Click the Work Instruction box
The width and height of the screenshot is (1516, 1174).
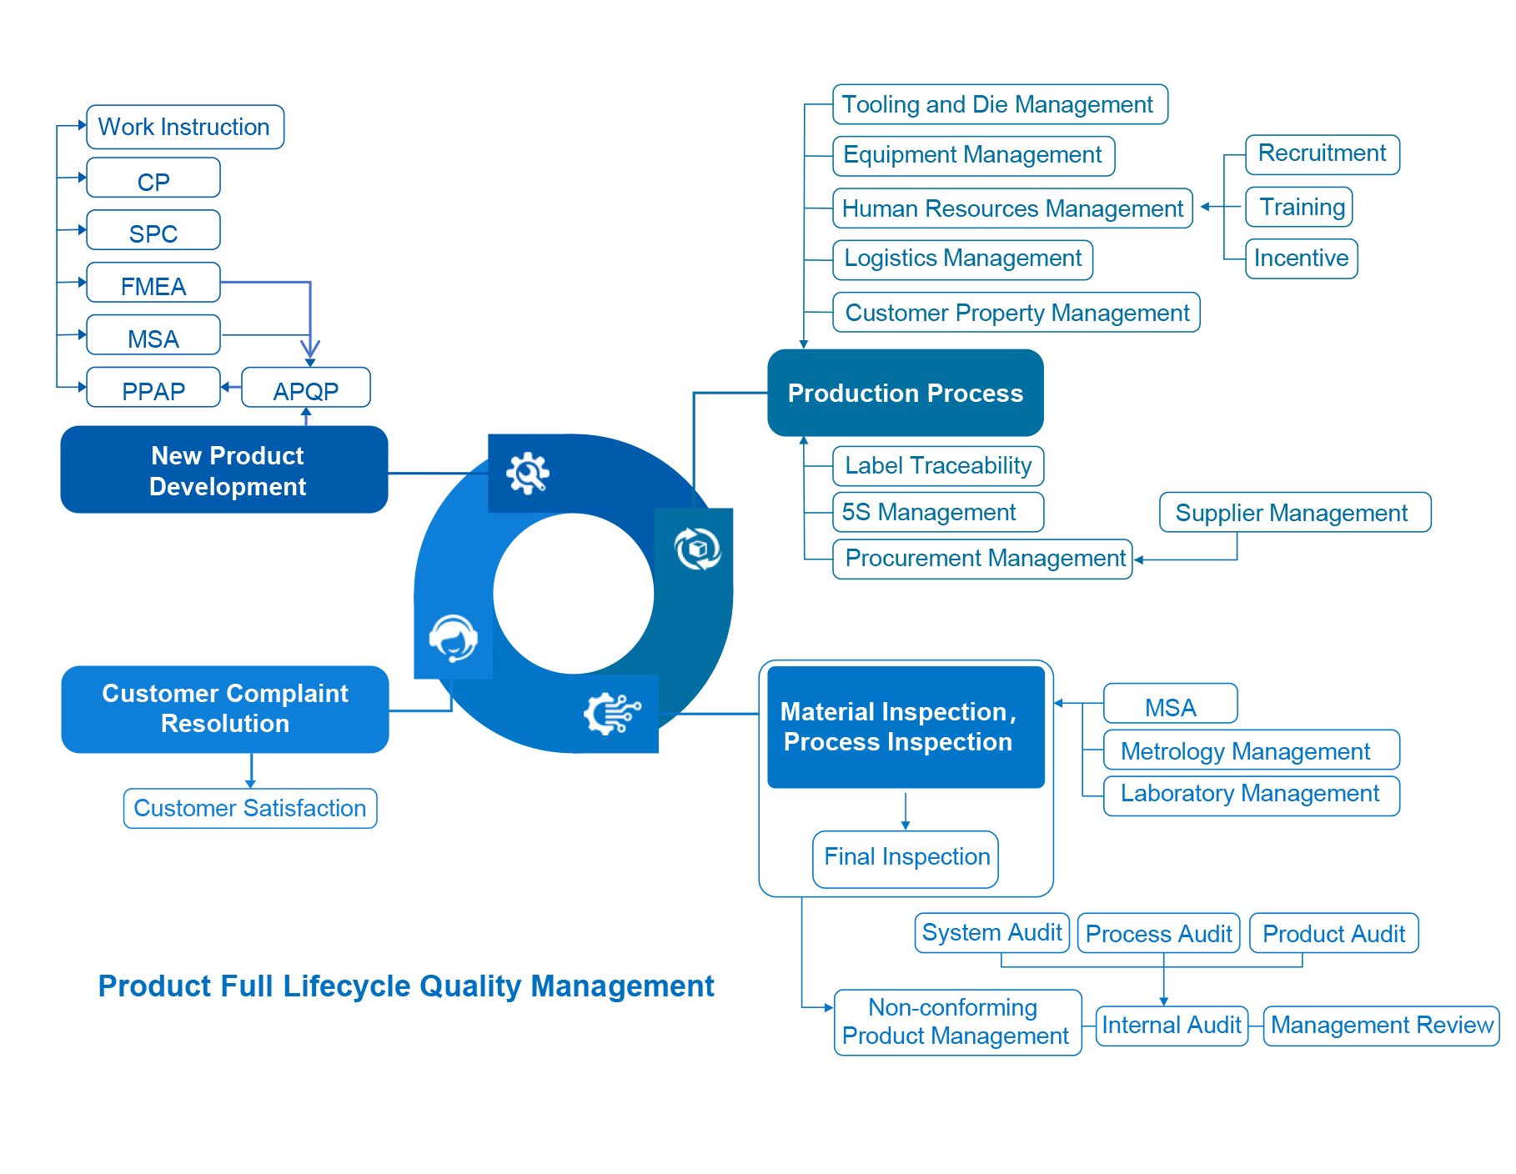point(184,127)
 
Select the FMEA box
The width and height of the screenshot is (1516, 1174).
point(153,283)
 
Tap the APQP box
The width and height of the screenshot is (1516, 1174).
point(306,388)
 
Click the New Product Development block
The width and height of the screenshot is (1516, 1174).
point(224,470)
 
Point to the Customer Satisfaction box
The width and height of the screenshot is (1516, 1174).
point(250,808)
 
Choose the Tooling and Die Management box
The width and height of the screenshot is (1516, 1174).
point(999,104)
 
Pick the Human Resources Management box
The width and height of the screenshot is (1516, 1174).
point(1012,208)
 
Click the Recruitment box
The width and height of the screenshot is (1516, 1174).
point(1322,154)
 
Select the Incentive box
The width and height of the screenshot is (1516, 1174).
point(1301,258)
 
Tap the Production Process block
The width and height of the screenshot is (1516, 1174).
point(905,393)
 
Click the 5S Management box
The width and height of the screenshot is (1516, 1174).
point(937,512)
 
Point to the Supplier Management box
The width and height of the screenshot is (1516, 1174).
point(1294,512)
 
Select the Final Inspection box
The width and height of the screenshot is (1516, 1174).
point(906,858)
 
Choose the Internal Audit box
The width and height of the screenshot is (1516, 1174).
point(1171,1026)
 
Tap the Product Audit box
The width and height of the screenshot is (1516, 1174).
point(1333,933)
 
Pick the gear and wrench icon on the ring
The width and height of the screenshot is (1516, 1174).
point(528,474)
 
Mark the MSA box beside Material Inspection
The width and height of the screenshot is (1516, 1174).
point(1170,705)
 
